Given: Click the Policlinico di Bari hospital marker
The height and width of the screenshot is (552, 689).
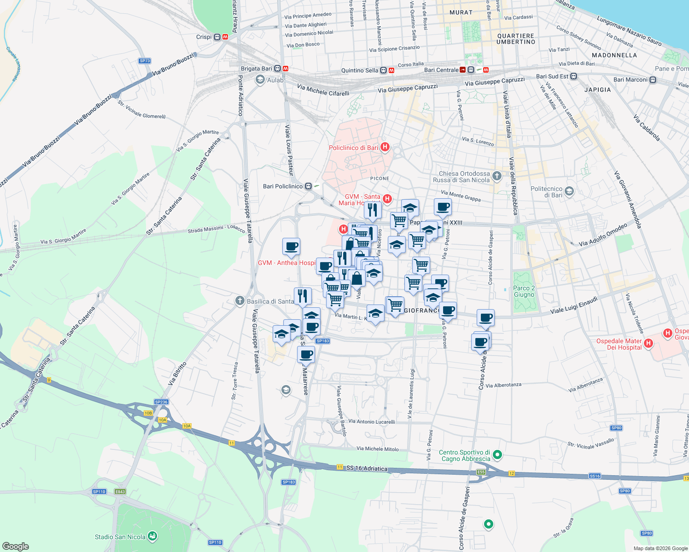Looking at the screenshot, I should (385, 147).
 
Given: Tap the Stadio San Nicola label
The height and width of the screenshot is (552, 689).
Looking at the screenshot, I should (120, 537).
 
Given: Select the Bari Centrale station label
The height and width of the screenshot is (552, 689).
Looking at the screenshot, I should (441, 70).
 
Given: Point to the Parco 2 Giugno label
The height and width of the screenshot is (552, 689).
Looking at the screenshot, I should (524, 291).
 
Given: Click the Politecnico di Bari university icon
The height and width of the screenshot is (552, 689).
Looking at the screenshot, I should (569, 191).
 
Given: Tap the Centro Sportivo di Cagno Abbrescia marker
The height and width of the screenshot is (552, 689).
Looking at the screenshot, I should (497, 455).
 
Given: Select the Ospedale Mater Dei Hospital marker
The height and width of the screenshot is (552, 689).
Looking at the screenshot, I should (648, 343).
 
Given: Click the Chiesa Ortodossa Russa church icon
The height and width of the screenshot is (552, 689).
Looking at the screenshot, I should (496, 176).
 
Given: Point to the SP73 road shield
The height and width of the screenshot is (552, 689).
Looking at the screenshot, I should (145, 61).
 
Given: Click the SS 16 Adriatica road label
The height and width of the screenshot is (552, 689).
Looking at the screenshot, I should (367, 468).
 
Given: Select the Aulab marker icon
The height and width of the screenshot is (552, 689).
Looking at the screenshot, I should (260, 80).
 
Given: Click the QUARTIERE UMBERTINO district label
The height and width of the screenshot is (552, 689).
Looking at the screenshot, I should (516, 39).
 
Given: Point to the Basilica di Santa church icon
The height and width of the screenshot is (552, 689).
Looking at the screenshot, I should (239, 301).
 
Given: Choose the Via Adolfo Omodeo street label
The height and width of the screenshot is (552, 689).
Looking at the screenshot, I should (603, 235).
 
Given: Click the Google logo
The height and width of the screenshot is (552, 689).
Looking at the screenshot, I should (15, 546).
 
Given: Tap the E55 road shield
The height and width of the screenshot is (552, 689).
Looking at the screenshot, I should (481, 472).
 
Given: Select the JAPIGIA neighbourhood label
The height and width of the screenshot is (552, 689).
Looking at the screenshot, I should (597, 90).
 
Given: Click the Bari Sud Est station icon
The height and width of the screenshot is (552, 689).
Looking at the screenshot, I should (573, 76).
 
